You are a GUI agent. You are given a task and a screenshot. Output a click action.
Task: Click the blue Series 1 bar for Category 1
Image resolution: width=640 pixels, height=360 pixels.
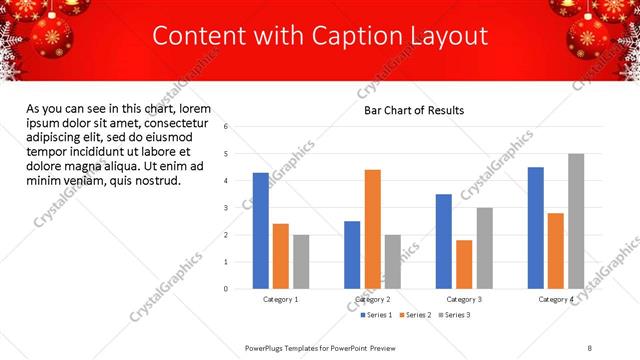pyautogui.click(x=260, y=230)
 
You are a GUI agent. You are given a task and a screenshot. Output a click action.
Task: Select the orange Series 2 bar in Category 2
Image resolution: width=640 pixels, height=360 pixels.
pyautogui.click(x=372, y=229)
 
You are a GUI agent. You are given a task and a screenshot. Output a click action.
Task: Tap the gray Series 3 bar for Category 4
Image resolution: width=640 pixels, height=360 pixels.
pyautogui.click(x=576, y=221)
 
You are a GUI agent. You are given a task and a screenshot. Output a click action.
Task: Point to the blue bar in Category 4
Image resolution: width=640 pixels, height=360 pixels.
pyautogui.click(x=536, y=228)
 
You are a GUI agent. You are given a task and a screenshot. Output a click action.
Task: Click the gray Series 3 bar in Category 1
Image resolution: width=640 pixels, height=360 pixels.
pyautogui.click(x=301, y=261)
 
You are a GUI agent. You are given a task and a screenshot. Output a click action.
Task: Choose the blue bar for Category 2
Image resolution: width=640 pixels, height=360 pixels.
pyautogui.click(x=352, y=254)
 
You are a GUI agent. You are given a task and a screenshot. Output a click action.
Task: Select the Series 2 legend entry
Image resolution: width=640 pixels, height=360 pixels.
pyautogui.click(x=414, y=315)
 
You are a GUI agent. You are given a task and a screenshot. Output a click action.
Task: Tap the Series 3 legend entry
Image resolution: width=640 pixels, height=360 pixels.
pyautogui.click(x=453, y=315)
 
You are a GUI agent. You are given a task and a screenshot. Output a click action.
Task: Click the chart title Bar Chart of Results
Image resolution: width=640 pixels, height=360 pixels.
pyautogui.click(x=413, y=110)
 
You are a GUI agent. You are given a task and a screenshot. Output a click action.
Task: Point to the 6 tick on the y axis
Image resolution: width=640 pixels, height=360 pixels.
pyautogui.click(x=226, y=127)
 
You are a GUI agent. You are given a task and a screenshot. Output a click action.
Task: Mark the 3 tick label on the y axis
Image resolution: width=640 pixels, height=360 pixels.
pyautogui.click(x=226, y=208)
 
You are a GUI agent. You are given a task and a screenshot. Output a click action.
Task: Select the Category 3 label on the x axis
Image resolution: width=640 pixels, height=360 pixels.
pyautogui.click(x=464, y=299)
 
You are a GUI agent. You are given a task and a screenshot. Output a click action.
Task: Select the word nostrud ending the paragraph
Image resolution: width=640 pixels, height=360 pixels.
pyautogui.click(x=156, y=181)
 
